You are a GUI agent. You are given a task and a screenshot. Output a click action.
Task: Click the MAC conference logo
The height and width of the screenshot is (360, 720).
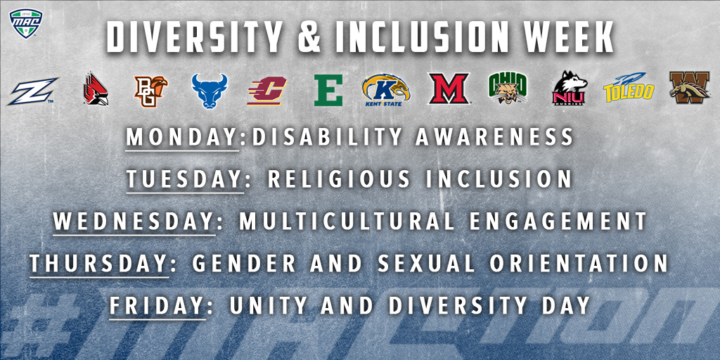pyautogui.click(x=26, y=22)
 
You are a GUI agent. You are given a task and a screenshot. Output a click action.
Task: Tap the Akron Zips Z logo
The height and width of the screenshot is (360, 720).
pyautogui.click(x=32, y=91)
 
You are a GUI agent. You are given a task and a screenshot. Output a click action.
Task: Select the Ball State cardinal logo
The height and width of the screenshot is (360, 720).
pyautogui.click(x=96, y=90)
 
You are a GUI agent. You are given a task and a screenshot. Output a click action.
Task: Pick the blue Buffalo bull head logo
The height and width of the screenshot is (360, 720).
pyautogui.click(x=210, y=91)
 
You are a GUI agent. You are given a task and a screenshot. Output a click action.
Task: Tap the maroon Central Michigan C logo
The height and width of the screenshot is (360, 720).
pyautogui.click(x=266, y=91)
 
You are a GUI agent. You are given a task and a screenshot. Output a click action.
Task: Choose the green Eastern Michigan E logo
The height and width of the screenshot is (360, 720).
pyautogui.click(x=328, y=90)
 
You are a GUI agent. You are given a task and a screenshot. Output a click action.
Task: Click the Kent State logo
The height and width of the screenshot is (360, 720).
pyautogui.click(x=386, y=90)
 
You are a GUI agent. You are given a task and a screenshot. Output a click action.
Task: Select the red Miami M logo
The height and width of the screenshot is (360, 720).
pyautogui.click(x=449, y=89)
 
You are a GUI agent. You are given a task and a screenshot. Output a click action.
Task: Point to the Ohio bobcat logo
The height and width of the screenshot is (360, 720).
pyautogui.click(x=508, y=88)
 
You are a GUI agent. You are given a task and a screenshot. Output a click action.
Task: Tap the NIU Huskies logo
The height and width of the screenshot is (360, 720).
pyautogui.click(x=570, y=89)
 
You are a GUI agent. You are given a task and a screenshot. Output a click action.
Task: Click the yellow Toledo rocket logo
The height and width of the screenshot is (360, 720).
pyautogui.click(x=629, y=87)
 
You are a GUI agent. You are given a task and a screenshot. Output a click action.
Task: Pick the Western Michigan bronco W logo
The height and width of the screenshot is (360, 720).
pyautogui.click(x=689, y=87)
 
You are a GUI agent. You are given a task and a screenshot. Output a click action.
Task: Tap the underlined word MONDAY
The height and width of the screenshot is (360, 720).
pyautogui.click(x=181, y=136)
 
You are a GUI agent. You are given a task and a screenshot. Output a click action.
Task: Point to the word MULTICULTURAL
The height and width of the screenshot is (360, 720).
pyautogui.click(x=347, y=221)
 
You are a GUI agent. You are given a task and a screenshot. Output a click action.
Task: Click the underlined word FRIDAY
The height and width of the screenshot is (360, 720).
pyautogui.click(x=156, y=305)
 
